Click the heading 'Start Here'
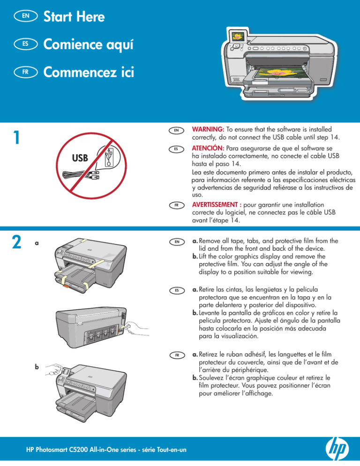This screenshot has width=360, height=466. (74, 16)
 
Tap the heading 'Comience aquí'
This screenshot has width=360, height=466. (88, 45)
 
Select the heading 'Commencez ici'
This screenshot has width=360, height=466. (89, 72)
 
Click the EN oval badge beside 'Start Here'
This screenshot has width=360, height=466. (26, 16)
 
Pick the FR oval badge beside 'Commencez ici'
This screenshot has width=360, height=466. (26, 72)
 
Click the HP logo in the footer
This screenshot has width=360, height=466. (337, 449)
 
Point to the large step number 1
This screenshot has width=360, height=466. (17, 138)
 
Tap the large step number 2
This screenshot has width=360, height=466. (17, 242)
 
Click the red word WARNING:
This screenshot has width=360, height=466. (208, 129)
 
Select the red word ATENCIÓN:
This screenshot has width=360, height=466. (208, 148)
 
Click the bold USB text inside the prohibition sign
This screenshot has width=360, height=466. (80, 158)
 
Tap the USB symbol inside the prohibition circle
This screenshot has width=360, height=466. (109, 157)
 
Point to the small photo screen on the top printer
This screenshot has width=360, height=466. (238, 37)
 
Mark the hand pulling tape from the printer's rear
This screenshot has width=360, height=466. (136, 329)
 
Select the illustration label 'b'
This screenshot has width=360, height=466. (37, 367)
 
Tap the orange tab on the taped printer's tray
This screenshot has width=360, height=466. (67, 286)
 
